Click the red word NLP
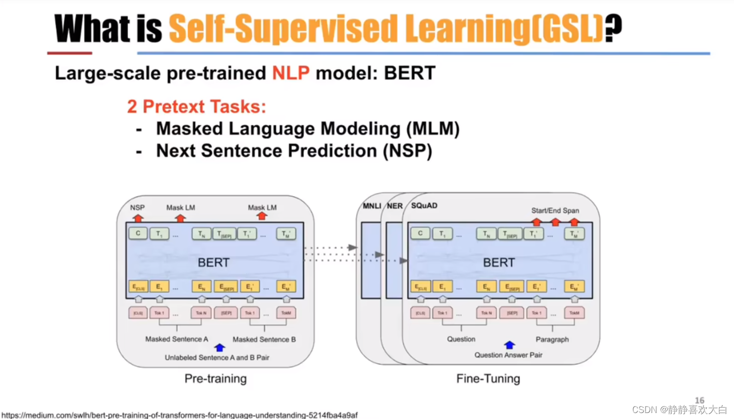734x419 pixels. click(291, 73)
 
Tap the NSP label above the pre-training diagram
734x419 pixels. click(137, 208)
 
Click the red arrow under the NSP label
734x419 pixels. click(138, 218)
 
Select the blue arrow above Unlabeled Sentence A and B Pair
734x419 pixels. click(219, 347)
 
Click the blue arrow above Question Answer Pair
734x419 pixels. click(509, 345)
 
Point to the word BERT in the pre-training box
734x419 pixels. click(214, 262)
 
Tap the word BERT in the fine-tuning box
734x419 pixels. click(499, 262)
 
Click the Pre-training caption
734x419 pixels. click(216, 379)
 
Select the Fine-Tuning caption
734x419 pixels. click(488, 379)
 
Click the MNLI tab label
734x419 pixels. click(371, 206)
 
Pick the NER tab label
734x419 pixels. click(394, 206)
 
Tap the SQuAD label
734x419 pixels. click(424, 206)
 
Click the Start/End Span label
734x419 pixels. click(555, 210)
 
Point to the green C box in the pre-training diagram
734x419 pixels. click(138, 233)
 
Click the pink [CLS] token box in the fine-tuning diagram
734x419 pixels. click(420, 313)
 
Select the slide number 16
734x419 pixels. click(700, 400)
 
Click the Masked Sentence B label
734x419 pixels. click(264, 339)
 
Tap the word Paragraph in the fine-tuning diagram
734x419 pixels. click(552, 339)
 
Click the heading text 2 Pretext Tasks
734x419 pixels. click(196, 106)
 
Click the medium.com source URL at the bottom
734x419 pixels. click(180, 415)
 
